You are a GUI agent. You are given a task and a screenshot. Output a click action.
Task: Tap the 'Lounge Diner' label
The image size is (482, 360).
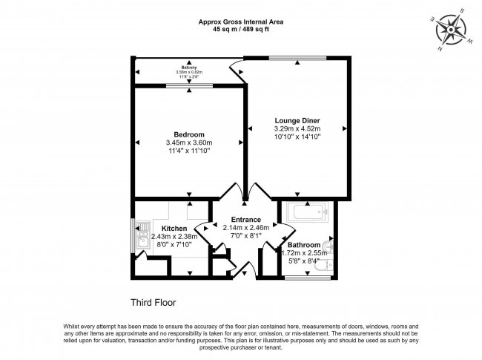297,120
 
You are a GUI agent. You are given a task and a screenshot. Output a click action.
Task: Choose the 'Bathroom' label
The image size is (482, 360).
304,245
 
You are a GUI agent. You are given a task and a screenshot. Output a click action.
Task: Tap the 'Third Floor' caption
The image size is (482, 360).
154,302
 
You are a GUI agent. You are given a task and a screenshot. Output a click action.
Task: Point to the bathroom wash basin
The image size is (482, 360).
331,243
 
